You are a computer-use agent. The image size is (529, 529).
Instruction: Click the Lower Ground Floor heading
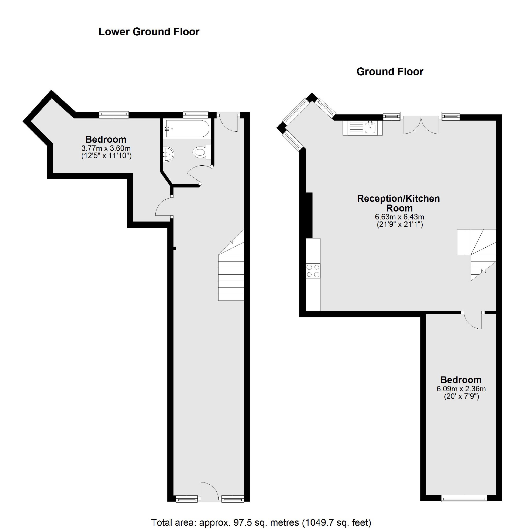point(149,32)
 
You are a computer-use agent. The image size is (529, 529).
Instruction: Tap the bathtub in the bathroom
point(187,129)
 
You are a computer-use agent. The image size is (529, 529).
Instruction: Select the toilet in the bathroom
point(201,152)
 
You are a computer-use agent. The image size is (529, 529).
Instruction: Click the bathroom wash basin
point(168,154)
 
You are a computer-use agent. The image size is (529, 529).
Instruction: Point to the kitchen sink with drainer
point(362,128)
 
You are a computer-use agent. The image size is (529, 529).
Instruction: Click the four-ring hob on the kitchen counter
point(313,271)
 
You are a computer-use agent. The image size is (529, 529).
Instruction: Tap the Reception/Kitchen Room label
point(398,203)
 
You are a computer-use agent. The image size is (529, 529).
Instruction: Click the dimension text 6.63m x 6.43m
point(399,217)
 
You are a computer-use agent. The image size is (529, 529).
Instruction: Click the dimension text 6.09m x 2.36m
point(461,388)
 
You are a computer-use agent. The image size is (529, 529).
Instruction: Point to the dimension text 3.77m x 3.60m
point(106,148)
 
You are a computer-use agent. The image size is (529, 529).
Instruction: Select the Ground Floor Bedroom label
point(461,380)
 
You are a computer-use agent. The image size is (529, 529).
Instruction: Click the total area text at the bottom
point(261,522)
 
